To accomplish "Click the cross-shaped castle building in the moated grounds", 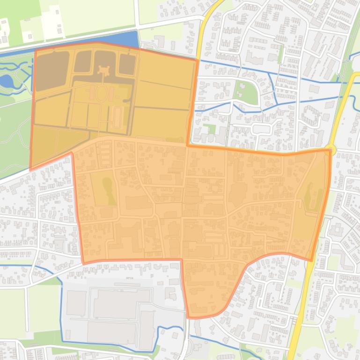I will [103, 71].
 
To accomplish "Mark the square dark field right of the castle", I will [127, 65].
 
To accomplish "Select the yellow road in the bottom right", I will [300, 318].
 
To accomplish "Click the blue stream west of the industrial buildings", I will [61, 304].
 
